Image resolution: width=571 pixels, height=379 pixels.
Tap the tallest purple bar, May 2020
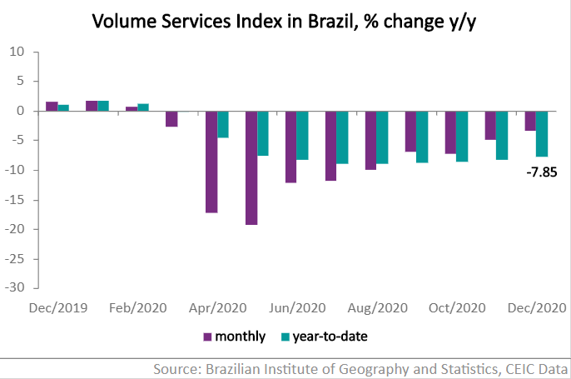[x=251, y=167]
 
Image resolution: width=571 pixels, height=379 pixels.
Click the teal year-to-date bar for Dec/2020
[x=542, y=133]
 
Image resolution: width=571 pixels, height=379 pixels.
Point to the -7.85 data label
[x=539, y=173]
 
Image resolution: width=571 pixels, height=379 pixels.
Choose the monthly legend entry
[x=234, y=337]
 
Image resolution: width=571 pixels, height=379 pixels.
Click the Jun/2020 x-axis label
[x=297, y=307]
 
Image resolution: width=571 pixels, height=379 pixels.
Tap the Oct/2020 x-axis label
[x=457, y=307]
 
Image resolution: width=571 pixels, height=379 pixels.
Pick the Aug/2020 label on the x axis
[x=377, y=307]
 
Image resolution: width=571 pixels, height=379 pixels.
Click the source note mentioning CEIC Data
[x=360, y=368]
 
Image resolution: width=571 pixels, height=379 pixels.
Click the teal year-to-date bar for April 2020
[x=223, y=124]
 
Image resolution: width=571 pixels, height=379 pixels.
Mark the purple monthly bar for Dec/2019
[x=52, y=106]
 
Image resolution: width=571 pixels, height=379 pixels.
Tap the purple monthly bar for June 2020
[x=290, y=147]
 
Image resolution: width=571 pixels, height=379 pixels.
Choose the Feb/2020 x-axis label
[x=137, y=307]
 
